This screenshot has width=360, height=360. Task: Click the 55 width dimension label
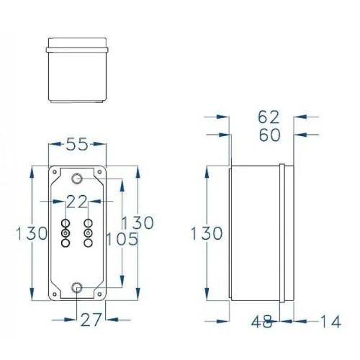click(x=77, y=144)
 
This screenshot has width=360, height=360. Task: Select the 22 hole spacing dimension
click(x=77, y=200)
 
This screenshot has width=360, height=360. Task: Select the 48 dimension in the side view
click(x=264, y=322)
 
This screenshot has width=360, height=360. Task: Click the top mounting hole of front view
click(x=77, y=178)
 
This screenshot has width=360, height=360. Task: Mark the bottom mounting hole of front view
click(x=77, y=289)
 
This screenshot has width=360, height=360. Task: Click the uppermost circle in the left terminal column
click(x=66, y=223)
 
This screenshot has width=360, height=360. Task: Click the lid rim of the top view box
click(x=77, y=49)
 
